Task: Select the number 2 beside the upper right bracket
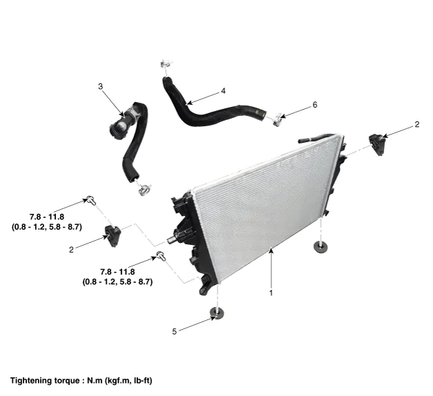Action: (416, 125)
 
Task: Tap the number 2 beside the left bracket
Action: (71, 250)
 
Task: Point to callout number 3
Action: (100, 86)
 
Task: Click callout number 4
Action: (223, 90)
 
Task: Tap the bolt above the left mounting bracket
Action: (90, 200)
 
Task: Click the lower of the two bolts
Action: (162, 257)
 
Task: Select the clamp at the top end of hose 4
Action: (164, 67)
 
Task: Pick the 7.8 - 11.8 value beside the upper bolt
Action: (47, 207)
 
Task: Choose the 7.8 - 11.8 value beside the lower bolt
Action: (117, 271)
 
